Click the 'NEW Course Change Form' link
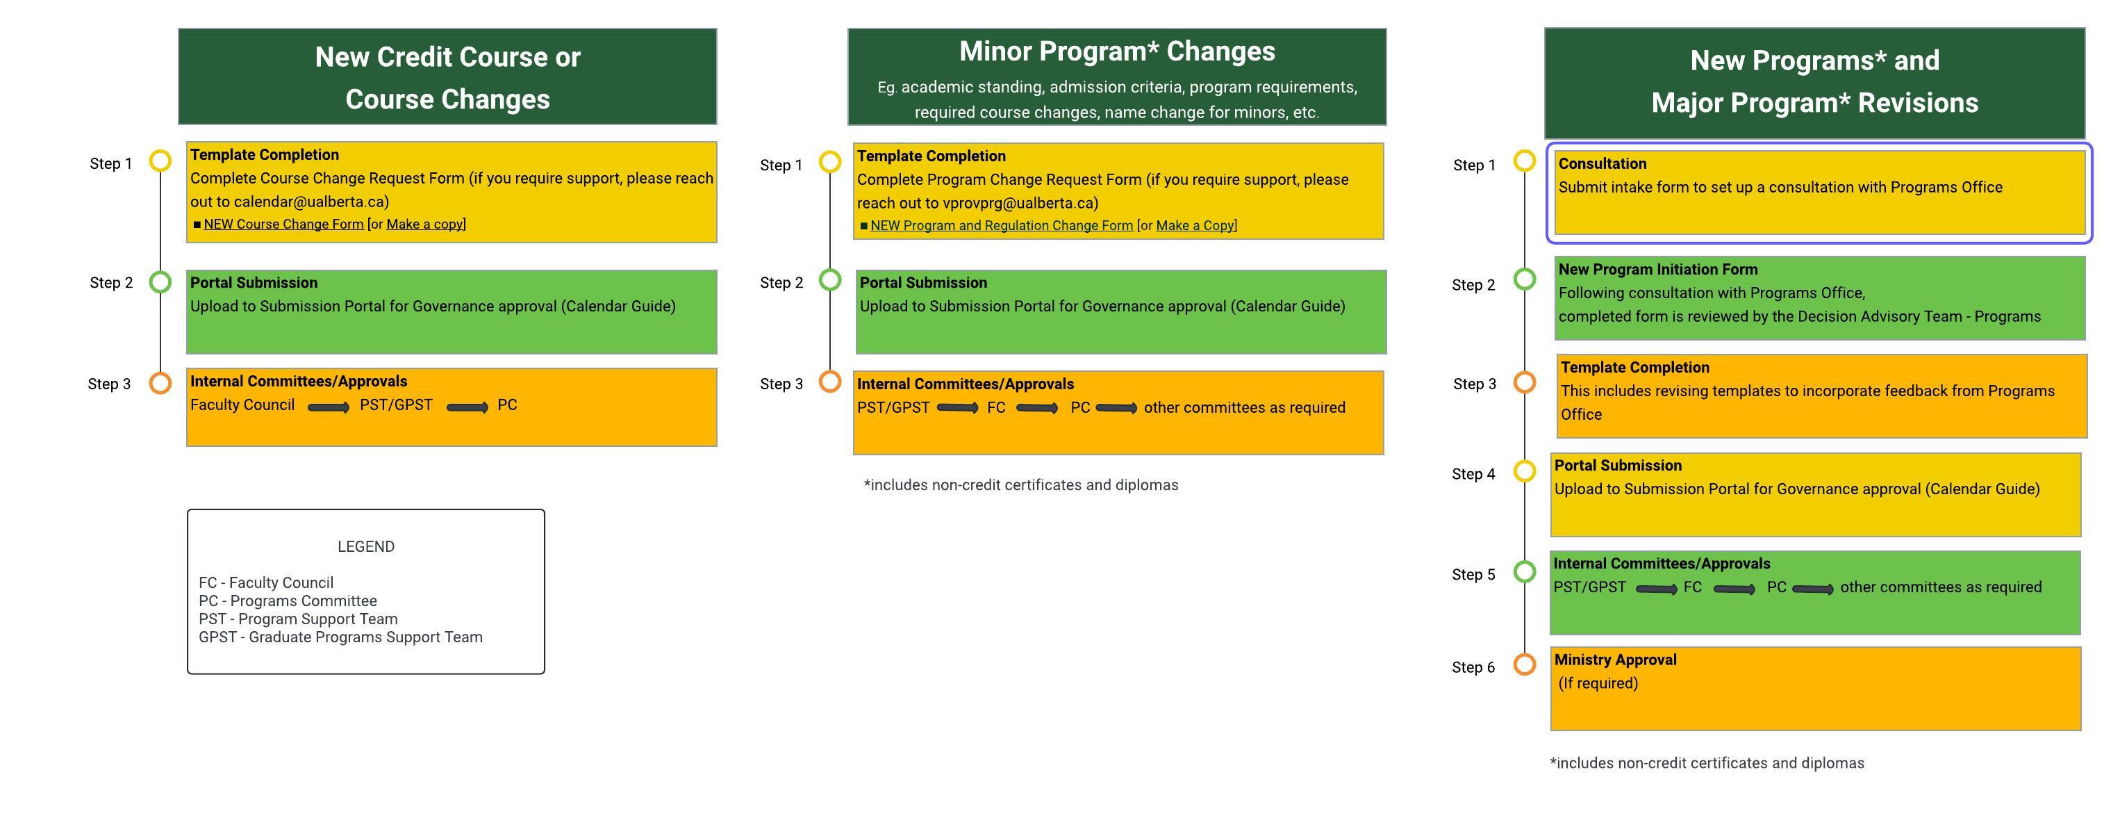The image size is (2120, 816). click(x=283, y=224)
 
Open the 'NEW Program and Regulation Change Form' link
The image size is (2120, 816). click(x=1001, y=226)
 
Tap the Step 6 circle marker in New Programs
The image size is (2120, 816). click(x=1524, y=664)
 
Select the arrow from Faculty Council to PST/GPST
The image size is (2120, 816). click(x=328, y=407)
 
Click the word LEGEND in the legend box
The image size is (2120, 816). click(x=365, y=547)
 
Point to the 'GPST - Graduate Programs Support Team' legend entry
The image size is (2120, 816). click(x=340, y=637)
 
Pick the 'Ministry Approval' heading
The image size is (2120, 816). click(x=1615, y=660)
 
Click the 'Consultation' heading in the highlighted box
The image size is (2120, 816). click(x=1602, y=164)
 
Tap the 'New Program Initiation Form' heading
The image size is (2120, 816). click(x=1657, y=269)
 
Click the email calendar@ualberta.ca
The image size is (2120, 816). click(x=311, y=202)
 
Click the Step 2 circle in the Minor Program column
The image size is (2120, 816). click(x=829, y=280)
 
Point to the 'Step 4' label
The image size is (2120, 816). click(x=1473, y=474)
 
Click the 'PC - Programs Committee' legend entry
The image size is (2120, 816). click(x=287, y=601)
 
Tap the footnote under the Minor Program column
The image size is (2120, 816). click(x=1020, y=485)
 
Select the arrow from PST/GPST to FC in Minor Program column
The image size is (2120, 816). click(x=957, y=407)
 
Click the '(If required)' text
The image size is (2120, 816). click(x=1598, y=683)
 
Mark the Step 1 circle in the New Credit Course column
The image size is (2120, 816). click(x=160, y=161)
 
